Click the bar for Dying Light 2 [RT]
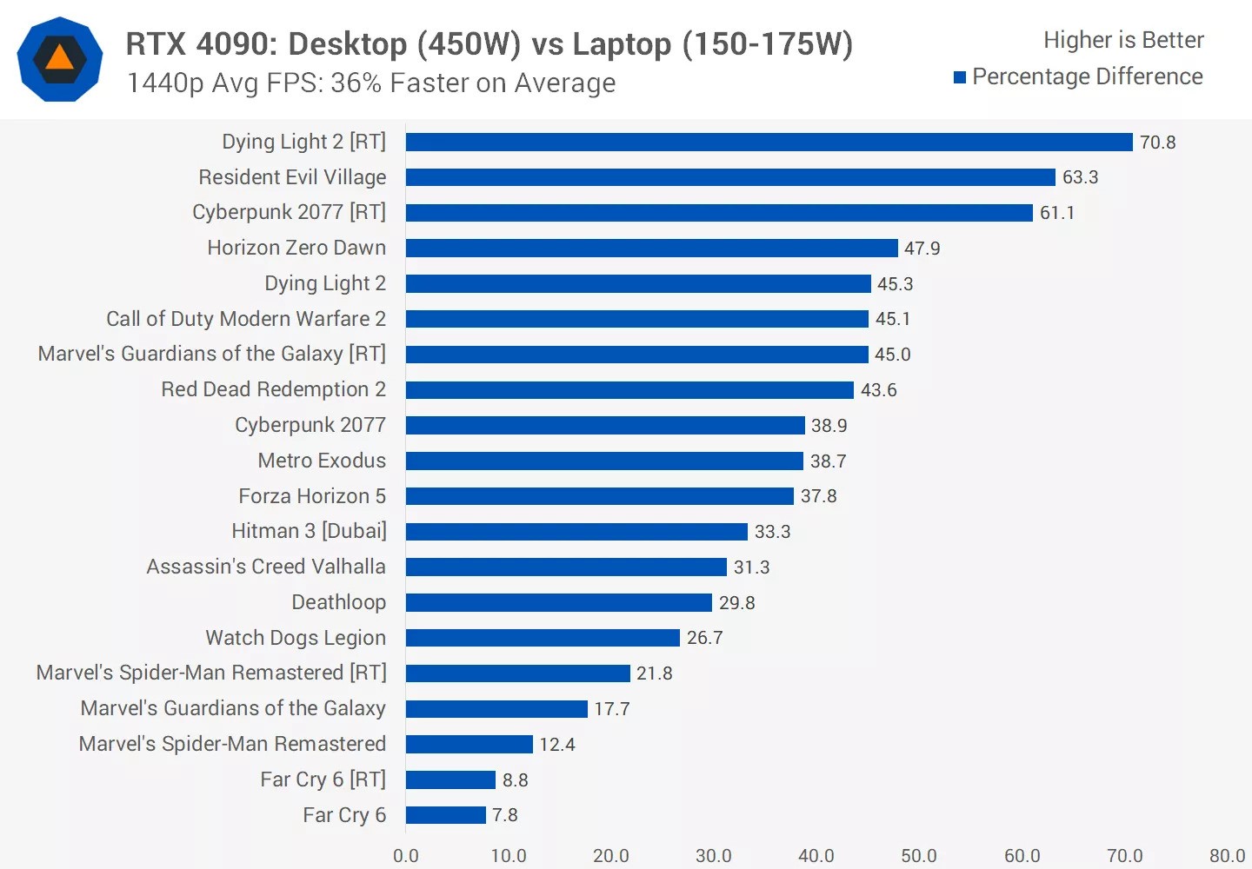[x=769, y=142]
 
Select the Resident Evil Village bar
[x=730, y=177]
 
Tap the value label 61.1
[x=1056, y=213]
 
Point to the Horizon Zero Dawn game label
[x=296, y=248]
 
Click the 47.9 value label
[x=922, y=249]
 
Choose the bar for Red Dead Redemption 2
[x=629, y=390]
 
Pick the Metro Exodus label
[x=322, y=461]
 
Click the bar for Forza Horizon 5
[x=600, y=496]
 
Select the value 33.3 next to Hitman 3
[x=772, y=532]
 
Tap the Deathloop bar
[x=558, y=602]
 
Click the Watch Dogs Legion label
[x=296, y=638]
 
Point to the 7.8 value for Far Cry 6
[x=504, y=815]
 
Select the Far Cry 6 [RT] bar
[x=450, y=779]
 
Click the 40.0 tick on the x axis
[x=816, y=855]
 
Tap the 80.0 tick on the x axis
[x=1226, y=855]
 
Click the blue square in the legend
[x=960, y=77]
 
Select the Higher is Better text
[x=1123, y=40]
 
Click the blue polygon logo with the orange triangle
[x=60, y=59]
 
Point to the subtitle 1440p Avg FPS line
[x=371, y=83]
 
